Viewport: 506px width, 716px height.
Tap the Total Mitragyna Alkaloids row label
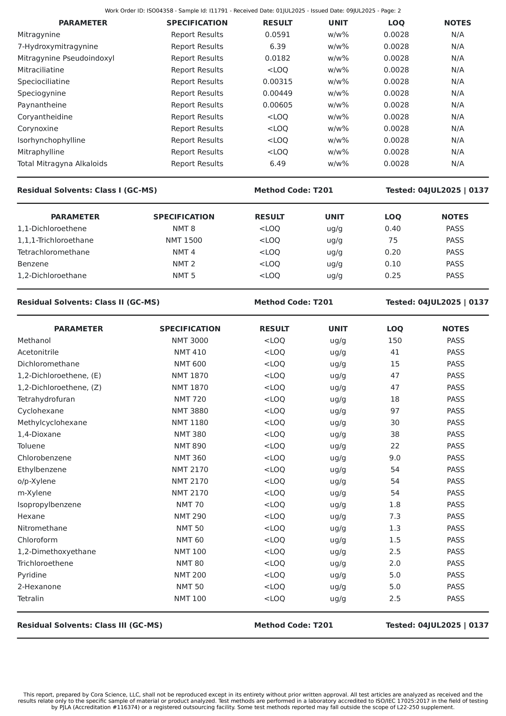tap(62, 164)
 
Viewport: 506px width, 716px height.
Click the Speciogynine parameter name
tap(41, 93)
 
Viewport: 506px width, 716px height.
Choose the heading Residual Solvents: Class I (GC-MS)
tap(87, 190)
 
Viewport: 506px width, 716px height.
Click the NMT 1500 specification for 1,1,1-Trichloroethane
tap(184, 240)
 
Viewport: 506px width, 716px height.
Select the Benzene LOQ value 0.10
tap(393, 264)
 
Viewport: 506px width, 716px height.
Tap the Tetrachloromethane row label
tap(53, 252)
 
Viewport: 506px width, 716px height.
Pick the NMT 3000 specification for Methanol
tap(190, 340)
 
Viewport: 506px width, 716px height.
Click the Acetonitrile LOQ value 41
tap(395, 352)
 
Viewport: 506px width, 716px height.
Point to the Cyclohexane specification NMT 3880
tap(190, 411)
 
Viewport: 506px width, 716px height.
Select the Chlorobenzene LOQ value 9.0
tap(395, 458)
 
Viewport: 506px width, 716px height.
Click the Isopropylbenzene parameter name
tap(49, 505)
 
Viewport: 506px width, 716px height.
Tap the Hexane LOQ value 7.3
tap(395, 516)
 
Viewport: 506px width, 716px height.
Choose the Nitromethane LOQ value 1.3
tap(395, 528)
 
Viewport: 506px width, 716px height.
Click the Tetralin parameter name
tap(30, 598)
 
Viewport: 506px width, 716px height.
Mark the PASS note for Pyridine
tap(455, 575)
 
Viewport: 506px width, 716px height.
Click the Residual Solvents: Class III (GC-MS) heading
tap(90, 625)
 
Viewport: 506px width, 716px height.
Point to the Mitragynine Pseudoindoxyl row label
tap(66, 58)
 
